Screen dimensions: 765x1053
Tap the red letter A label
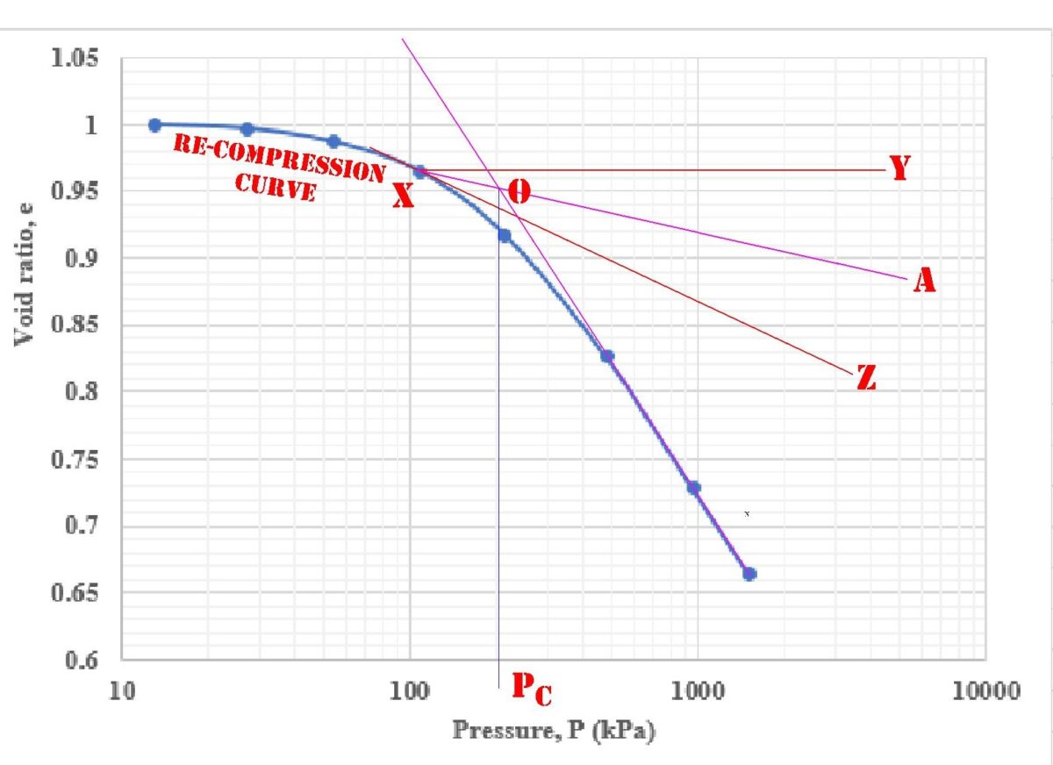click(x=924, y=281)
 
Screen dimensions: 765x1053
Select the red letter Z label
click(x=866, y=379)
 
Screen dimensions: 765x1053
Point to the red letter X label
click(x=403, y=197)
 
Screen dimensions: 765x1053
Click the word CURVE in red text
click(x=276, y=187)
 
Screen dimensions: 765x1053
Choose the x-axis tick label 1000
click(x=698, y=690)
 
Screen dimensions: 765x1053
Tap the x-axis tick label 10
click(x=122, y=690)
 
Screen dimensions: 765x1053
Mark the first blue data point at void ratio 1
click(x=155, y=125)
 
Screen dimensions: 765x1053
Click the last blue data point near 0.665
click(x=749, y=574)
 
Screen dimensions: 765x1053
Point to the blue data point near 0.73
click(x=693, y=488)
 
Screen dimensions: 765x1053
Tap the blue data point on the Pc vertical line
click(x=505, y=235)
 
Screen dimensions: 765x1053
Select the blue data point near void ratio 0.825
click(x=607, y=356)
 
